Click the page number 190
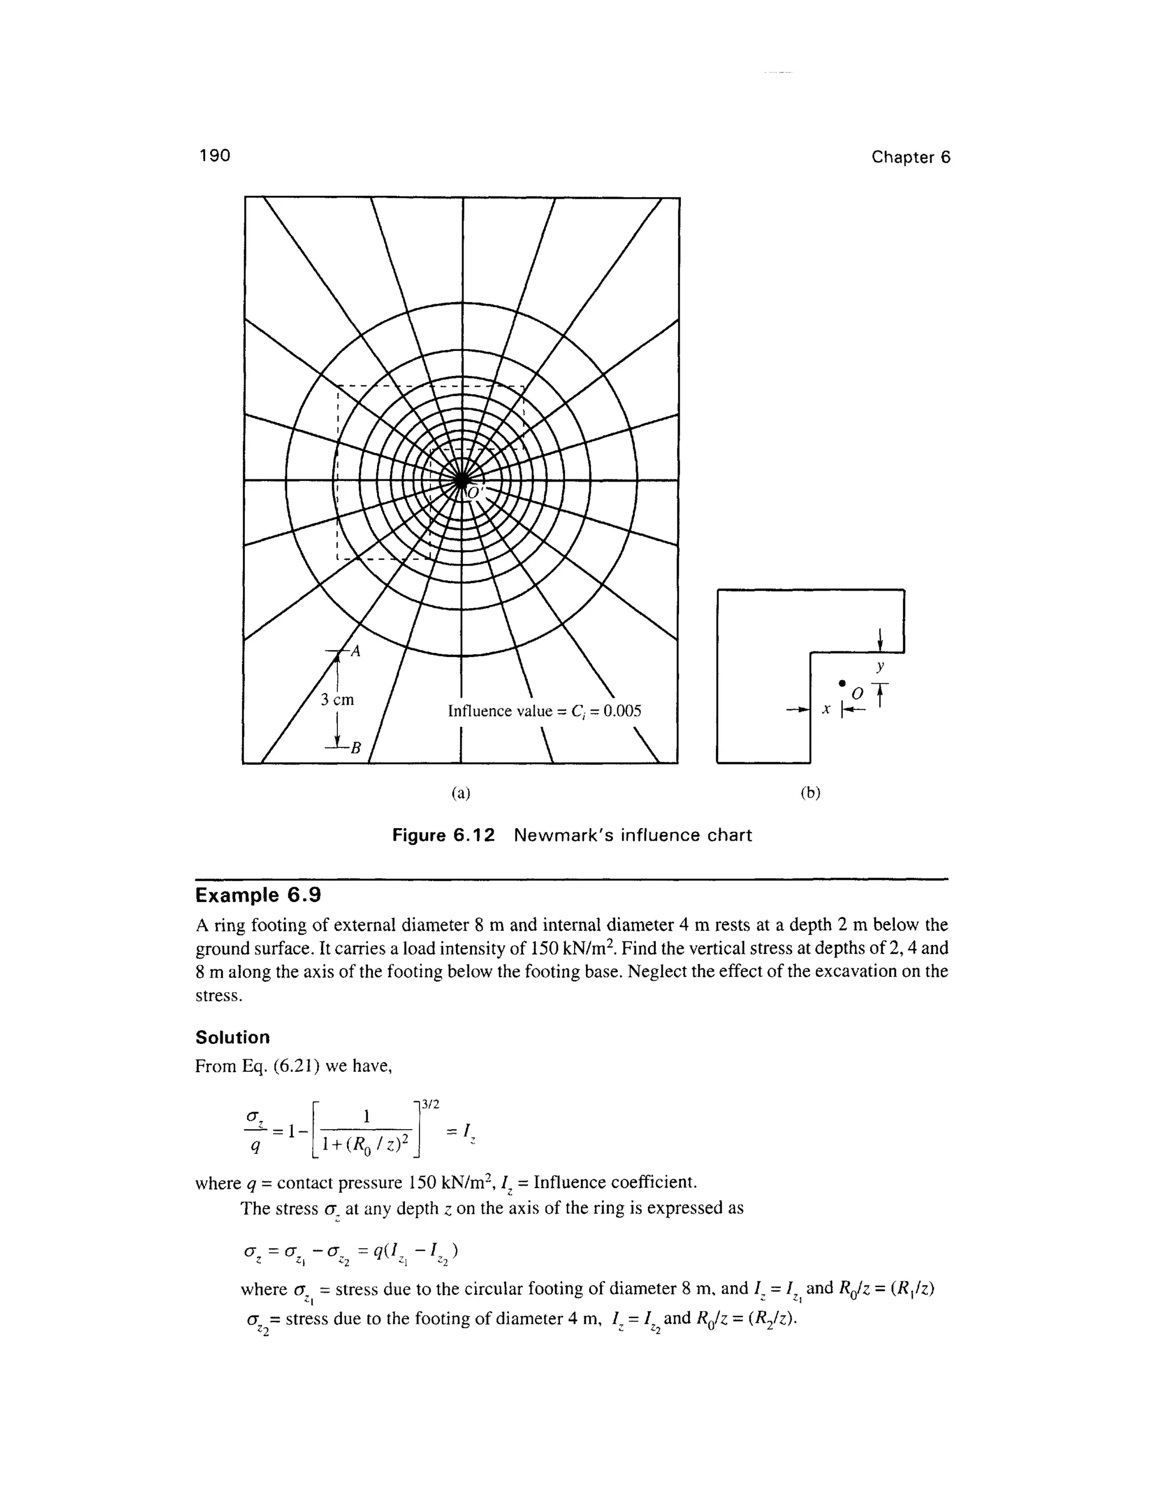214,156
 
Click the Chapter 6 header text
910,157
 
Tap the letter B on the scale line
355,748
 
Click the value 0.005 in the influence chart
622,710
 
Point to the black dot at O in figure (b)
841,682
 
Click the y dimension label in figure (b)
880,666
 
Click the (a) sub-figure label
461,793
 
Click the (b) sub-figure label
810,793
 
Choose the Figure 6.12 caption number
444,836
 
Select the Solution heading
233,1038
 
